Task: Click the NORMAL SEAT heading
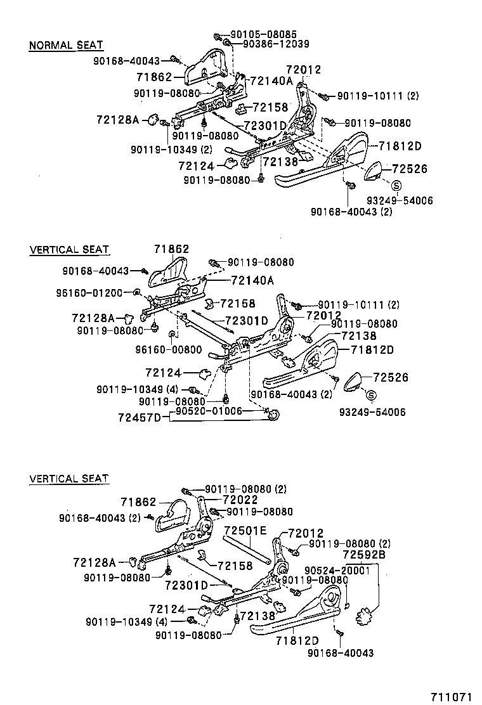coord(66,46)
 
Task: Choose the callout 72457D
coord(140,417)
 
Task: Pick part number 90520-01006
coord(209,411)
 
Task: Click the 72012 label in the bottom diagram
coord(306,534)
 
